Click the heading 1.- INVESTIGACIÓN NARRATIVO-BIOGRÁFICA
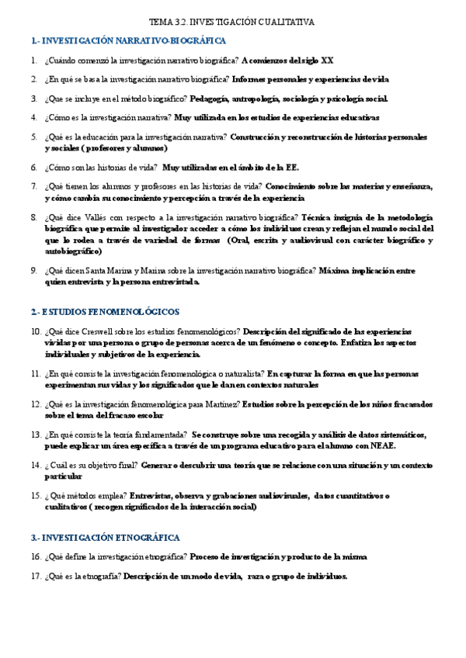tap(129, 40)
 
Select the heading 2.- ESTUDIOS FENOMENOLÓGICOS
tap(105, 312)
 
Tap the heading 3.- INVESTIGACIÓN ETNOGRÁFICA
tap(105, 537)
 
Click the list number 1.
tap(34, 60)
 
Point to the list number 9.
tap(34, 270)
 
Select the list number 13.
tap(36, 435)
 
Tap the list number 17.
tap(36, 577)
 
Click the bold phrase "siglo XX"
tap(317, 60)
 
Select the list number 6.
tap(34, 167)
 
